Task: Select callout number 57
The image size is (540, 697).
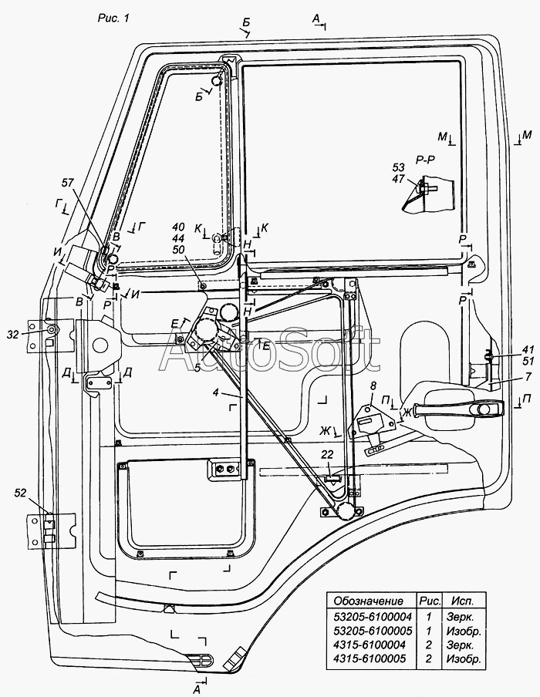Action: [x=68, y=183]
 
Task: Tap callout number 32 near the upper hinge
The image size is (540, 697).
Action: [x=14, y=335]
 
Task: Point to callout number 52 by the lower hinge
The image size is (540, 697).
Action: [x=21, y=493]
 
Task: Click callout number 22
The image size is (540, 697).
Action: [x=327, y=455]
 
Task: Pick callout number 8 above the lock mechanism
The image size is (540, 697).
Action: [x=373, y=386]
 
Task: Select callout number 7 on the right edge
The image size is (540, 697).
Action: [x=528, y=377]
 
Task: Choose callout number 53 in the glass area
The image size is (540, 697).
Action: [x=399, y=167]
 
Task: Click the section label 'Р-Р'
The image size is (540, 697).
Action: [x=426, y=160]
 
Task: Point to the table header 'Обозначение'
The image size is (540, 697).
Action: [x=368, y=601]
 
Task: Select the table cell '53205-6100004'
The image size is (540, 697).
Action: [x=373, y=617]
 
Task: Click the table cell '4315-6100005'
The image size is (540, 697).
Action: [x=370, y=658]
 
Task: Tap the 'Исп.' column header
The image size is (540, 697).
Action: [x=463, y=601]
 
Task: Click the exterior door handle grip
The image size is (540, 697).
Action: [x=458, y=409]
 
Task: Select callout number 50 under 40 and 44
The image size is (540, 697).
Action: [x=178, y=250]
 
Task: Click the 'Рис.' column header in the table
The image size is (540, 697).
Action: [x=430, y=601]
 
